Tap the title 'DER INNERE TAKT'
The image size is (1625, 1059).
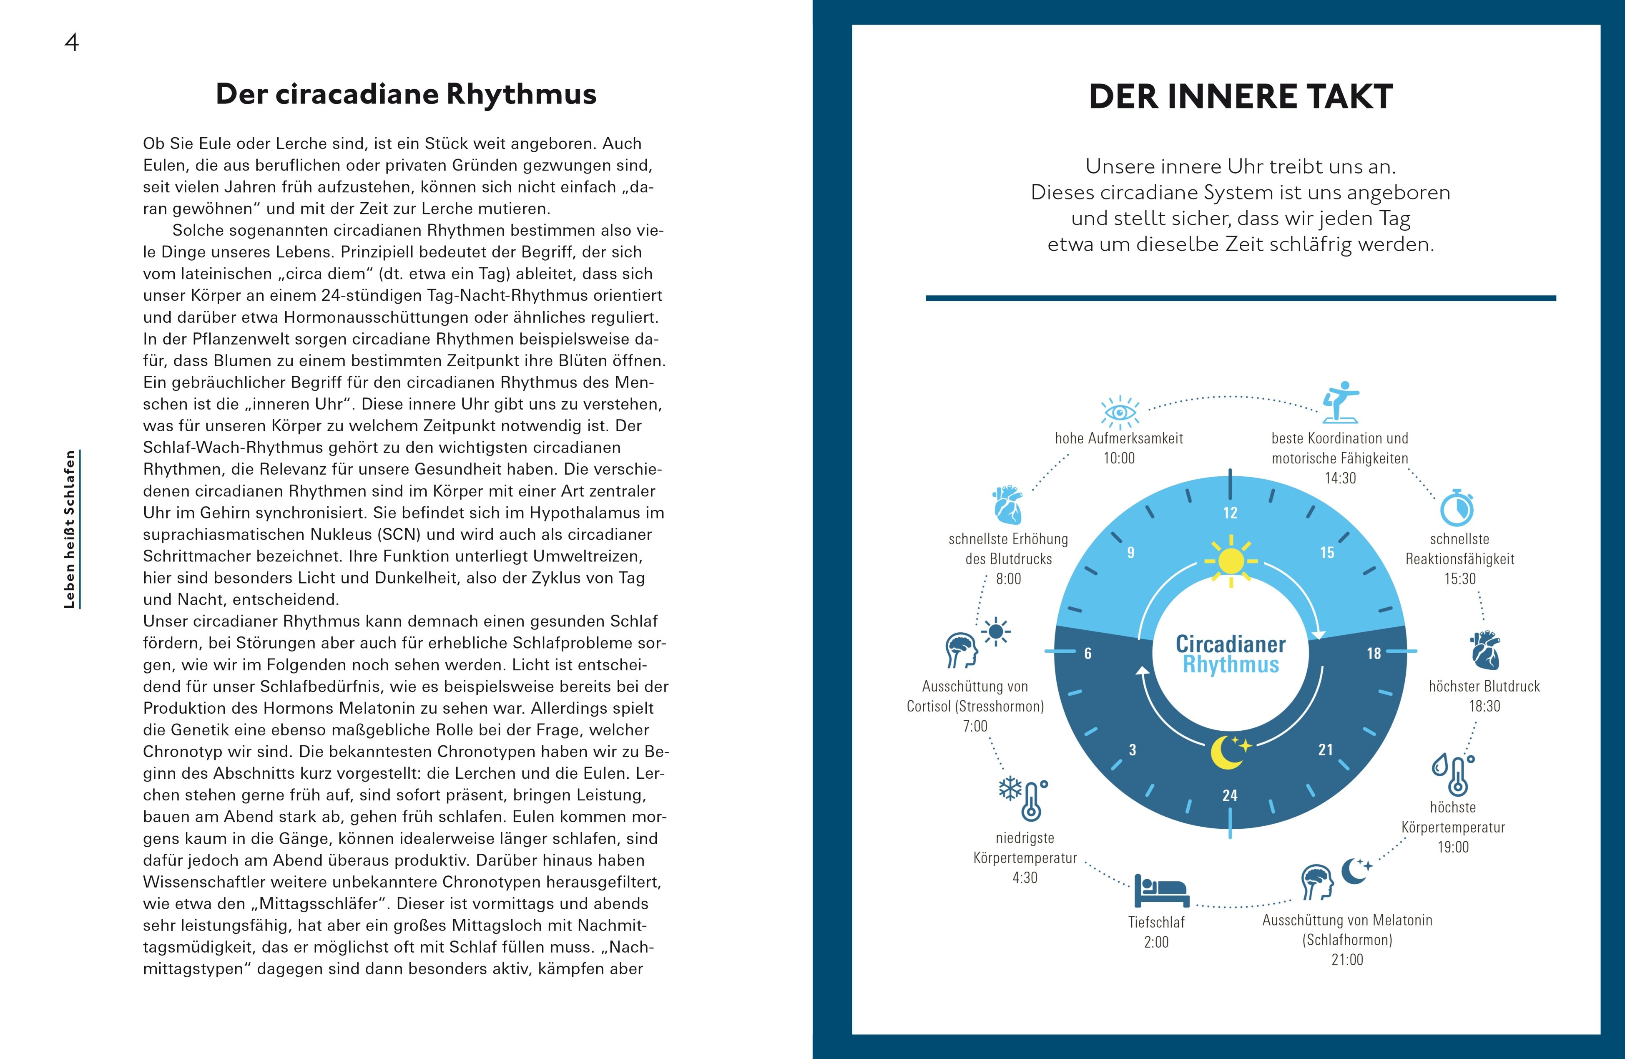tap(1240, 96)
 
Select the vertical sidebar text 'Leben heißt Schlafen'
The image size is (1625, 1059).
tap(70, 529)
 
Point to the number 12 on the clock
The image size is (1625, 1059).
tap(1230, 513)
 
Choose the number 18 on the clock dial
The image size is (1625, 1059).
tap(1374, 654)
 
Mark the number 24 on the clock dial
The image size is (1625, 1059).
tap(1230, 795)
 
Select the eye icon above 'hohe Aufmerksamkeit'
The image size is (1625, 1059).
tap(1119, 413)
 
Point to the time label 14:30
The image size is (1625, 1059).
tap(1340, 478)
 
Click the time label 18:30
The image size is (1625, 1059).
tap(1484, 706)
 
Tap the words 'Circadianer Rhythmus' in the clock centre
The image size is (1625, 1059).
tap(1231, 654)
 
